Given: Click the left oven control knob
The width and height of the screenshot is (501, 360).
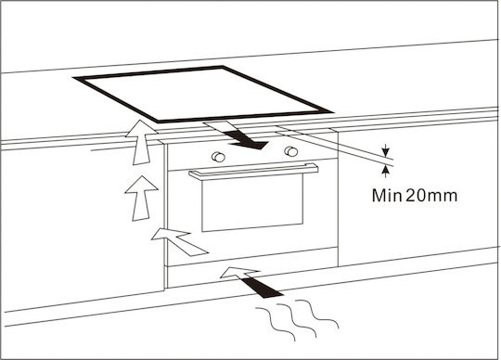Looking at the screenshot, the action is click(x=218, y=157).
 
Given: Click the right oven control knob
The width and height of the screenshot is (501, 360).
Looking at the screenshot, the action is click(x=291, y=151).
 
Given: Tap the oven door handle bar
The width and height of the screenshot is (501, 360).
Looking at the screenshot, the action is click(x=253, y=172).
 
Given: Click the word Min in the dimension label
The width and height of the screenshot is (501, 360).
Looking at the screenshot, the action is click(x=387, y=196).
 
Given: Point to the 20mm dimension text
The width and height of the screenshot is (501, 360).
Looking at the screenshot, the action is click(x=431, y=196).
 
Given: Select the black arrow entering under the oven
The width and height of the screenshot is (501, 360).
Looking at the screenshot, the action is click(x=261, y=287).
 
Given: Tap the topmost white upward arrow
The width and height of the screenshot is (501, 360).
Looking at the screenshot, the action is click(x=141, y=142).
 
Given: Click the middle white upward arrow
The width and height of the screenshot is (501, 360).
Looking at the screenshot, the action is click(x=141, y=199).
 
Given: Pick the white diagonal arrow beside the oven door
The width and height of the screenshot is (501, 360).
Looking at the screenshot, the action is click(x=180, y=241).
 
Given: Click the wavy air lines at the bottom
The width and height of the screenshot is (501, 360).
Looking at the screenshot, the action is click(x=297, y=320).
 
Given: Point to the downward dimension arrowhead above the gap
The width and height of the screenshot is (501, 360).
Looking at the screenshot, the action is click(x=386, y=150).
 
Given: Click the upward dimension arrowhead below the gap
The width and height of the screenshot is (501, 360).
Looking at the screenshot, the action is click(x=386, y=172).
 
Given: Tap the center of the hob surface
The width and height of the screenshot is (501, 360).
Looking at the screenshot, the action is click(x=203, y=95).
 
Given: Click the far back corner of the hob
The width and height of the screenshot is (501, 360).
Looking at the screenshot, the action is click(x=223, y=67).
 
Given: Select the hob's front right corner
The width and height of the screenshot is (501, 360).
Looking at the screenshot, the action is click(x=332, y=113).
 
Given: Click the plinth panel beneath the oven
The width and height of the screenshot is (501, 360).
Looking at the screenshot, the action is click(x=252, y=272).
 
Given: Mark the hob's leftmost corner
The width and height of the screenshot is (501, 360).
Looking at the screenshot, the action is click(x=74, y=77).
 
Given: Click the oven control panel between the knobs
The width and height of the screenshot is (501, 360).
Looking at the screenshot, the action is click(x=254, y=154).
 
